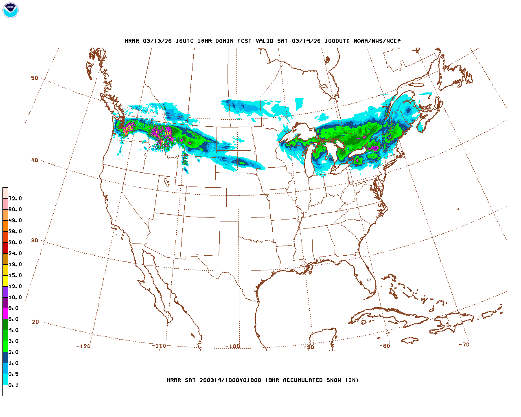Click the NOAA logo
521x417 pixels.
point(10,10)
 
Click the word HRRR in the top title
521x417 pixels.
point(132,41)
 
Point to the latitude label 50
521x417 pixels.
point(35,78)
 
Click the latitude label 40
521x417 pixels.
point(35,160)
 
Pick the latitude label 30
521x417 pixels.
point(35,240)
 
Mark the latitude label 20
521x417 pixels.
point(35,322)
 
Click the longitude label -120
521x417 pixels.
point(83,346)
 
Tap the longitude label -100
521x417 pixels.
point(233,346)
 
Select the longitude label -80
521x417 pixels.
point(385,346)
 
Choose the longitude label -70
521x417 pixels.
point(464,345)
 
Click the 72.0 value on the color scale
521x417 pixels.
point(15,199)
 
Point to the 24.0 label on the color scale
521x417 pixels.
point(15,254)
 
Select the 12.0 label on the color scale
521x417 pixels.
point(15,287)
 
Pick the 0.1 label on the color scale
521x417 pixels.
point(13,385)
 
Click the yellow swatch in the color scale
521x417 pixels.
point(5,281)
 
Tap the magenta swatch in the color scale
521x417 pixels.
point(5,314)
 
